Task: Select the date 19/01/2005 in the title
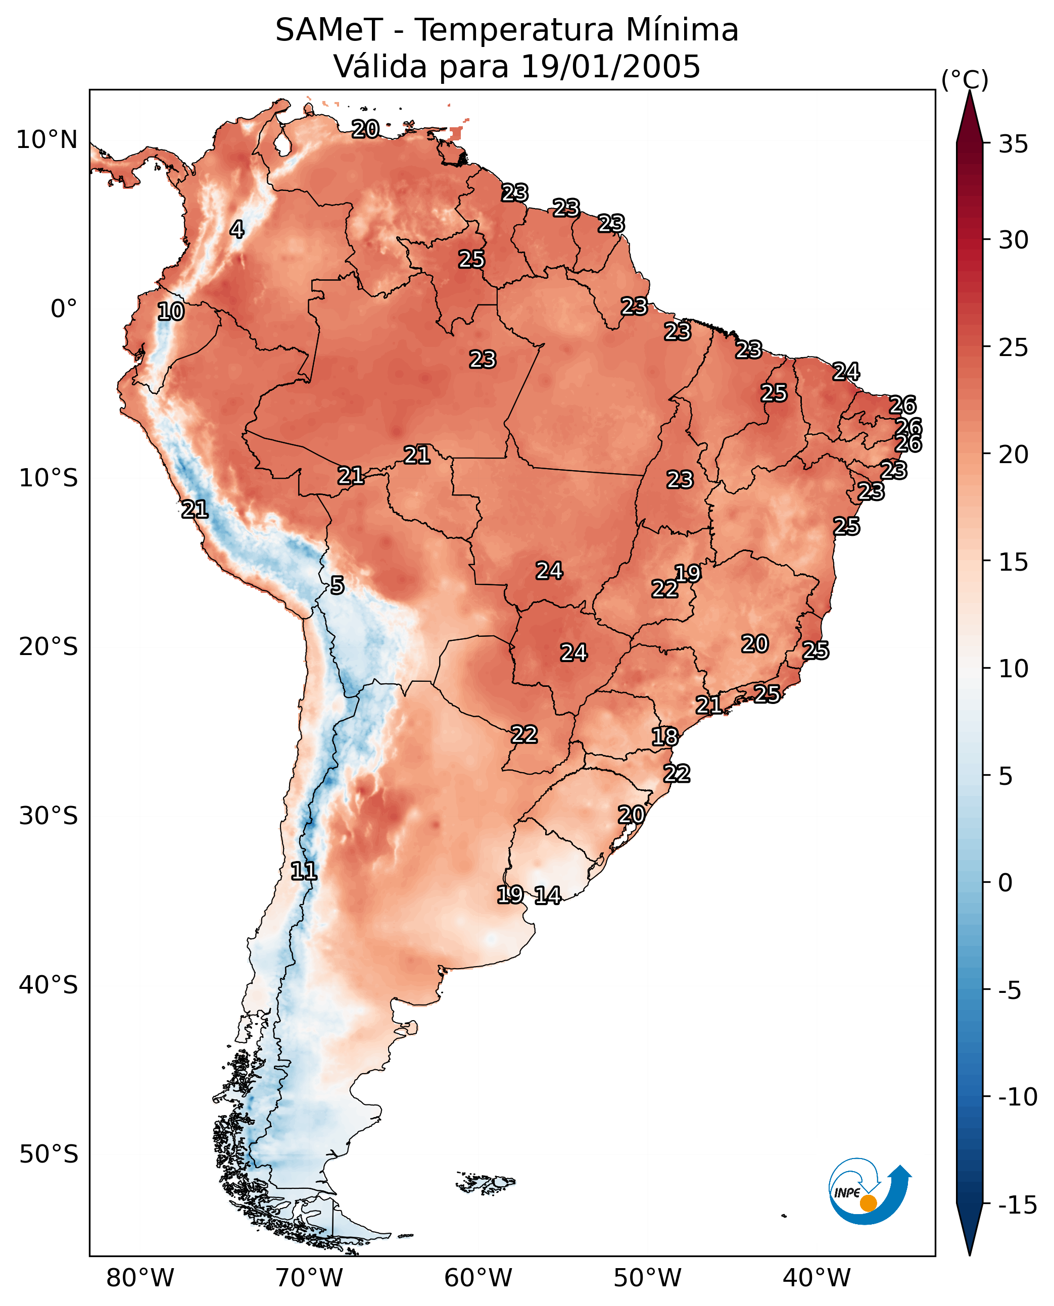pyautogui.click(x=610, y=67)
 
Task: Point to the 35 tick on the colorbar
pyautogui.click(x=1013, y=144)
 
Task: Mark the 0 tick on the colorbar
pyautogui.click(x=1005, y=883)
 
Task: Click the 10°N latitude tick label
pyautogui.click(x=47, y=140)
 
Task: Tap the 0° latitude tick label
pyautogui.click(x=64, y=309)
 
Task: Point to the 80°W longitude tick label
pyautogui.click(x=140, y=1278)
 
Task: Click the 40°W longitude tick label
pyautogui.click(x=817, y=1278)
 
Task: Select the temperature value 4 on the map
pyautogui.click(x=237, y=229)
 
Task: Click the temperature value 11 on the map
pyautogui.click(x=304, y=872)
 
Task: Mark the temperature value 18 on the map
pyautogui.click(x=665, y=737)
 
